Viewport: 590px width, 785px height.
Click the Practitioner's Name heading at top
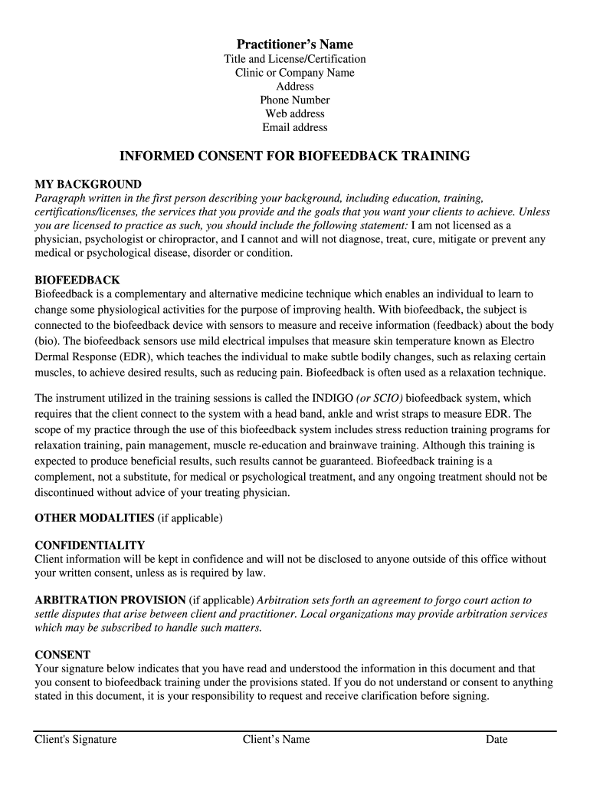click(x=294, y=44)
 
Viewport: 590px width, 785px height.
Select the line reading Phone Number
click(x=294, y=100)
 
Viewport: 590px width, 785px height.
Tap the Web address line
click(x=294, y=113)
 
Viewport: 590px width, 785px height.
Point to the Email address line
click(x=294, y=127)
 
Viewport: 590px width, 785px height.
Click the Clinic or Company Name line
click(x=294, y=73)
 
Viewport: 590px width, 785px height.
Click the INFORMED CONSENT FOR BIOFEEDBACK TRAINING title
click(x=294, y=156)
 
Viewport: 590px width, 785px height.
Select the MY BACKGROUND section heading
click(x=88, y=184)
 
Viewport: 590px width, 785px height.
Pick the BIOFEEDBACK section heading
click(x=77, y=280)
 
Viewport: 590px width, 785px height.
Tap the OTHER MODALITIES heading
click(x=95, y=518)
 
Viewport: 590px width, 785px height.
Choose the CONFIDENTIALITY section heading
click(x=90, y=545)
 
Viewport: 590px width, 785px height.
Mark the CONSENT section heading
click(x=63, y=655)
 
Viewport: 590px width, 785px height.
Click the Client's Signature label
click(x=76, y=740)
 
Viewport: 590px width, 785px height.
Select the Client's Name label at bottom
click(x=276, y=740)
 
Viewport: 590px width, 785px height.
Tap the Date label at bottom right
click(x=497, y=740)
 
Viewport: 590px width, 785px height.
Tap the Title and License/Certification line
click(x=294, y=59)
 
